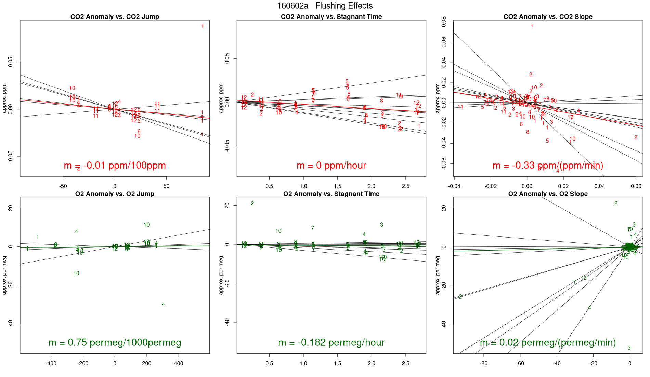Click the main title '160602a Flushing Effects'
point(325,6)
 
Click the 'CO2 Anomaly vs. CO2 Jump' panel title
point(115,17)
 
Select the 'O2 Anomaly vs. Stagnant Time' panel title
point(331,194)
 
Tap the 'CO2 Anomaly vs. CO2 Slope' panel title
point(548,17)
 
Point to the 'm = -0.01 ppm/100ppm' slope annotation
point(115,166)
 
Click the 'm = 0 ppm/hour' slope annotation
point(331,166)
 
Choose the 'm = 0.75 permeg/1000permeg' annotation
point(115,342)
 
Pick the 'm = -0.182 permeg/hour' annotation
point(331,342)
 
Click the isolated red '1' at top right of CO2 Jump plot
point(202,26)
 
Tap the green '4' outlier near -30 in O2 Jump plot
point(163,304)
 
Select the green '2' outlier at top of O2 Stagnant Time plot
point(252,203)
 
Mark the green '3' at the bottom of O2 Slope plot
point(629,348)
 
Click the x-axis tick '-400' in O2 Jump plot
point(51,364)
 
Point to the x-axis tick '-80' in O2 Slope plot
point(484,364)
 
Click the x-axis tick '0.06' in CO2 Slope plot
point(636,186)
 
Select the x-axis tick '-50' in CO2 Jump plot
point(63,186)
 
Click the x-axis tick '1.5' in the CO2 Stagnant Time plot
point(337,186)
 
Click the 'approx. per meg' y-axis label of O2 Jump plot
point(4,275)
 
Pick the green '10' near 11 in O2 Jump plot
point(146,225)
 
